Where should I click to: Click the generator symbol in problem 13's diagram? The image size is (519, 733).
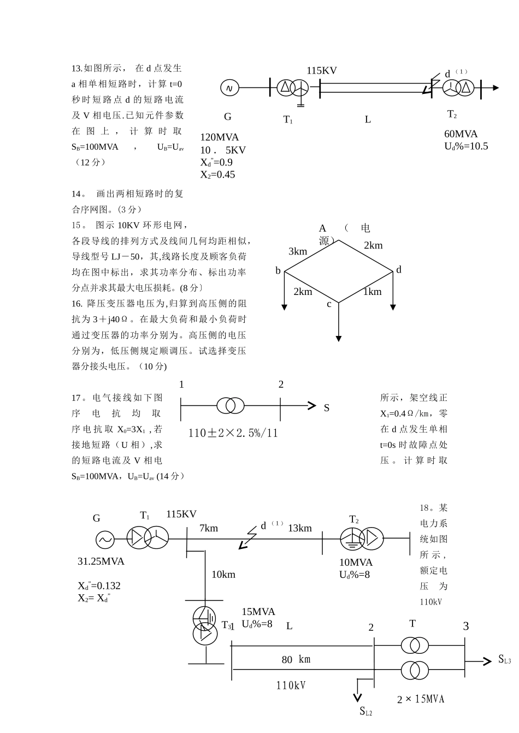click(229, 87)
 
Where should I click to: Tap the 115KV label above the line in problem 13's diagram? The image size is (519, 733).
click(321, 70)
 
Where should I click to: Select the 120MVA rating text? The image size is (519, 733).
click(219, 138)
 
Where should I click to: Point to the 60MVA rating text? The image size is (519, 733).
click(461, 134)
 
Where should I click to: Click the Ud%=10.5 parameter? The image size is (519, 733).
click(466, 146)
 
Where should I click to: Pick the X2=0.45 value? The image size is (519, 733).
click(217, 174)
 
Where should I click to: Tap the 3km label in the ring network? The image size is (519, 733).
click(298, 251)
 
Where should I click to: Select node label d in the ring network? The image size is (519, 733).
click(399, 270)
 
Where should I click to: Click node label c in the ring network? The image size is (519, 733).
click(329, 304)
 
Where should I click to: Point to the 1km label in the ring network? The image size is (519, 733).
click(372, 292)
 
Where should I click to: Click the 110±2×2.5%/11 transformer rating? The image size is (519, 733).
click(233, 433)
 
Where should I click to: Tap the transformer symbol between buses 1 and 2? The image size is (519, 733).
click(231, 406)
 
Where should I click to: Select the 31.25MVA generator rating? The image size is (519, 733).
click(101, 561)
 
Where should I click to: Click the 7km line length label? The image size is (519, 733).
click(209, 528)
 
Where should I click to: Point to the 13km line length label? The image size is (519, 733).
click(299, 528)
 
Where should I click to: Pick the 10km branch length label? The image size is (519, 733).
click(223, 574)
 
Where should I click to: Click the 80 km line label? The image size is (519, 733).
click(296, 660)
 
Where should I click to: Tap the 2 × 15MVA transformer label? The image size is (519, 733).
click(421, 699)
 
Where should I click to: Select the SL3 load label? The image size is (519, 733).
click(504, 660)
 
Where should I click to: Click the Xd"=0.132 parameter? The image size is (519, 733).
click(99, 586)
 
